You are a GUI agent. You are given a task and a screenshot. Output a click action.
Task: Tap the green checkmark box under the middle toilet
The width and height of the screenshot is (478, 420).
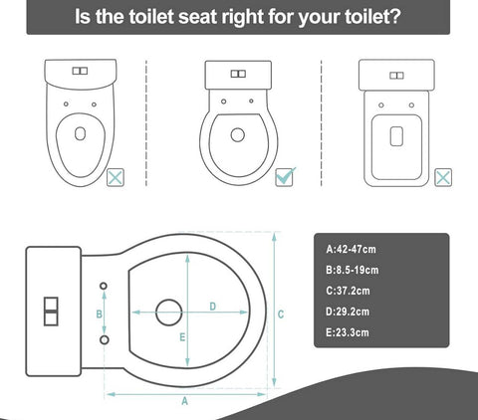[x=284, y=176]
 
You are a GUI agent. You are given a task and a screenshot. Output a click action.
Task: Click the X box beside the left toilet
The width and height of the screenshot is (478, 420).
[x=116, y=178]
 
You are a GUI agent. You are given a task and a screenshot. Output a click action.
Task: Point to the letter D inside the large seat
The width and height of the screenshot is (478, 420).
[x=213, y=306]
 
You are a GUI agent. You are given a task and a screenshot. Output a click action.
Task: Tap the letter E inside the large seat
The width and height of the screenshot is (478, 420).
[x=182, y=338]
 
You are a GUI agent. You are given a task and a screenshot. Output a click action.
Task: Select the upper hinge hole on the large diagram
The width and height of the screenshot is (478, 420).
[x=105, y=287]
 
